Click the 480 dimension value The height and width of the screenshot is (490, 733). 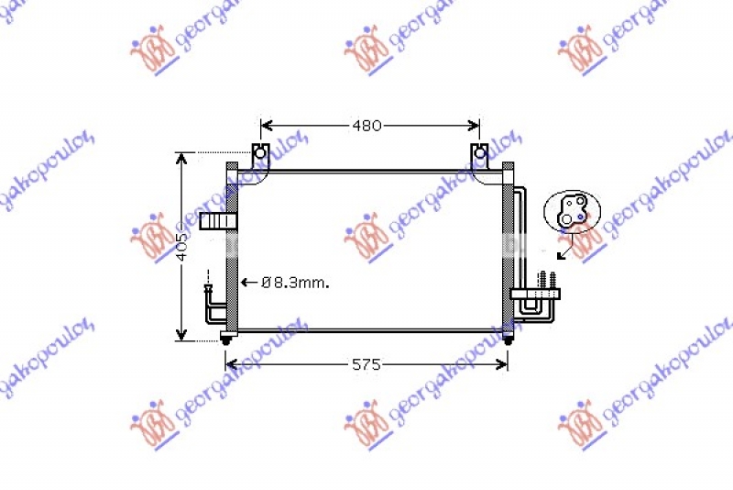point(366,126)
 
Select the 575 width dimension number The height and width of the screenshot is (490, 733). point(366,364)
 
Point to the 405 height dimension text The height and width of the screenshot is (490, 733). point(182,247)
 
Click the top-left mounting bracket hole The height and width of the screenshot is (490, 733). point(260,152)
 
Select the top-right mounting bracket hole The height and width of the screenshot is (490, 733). point(478,152)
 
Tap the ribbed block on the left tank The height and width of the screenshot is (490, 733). point(217,221)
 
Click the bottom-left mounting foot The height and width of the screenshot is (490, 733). point(226,340)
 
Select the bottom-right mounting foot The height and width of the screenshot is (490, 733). point(509,340)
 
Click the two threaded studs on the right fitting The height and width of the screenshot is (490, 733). point(548,279)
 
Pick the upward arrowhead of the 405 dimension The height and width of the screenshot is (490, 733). point(182,159)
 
